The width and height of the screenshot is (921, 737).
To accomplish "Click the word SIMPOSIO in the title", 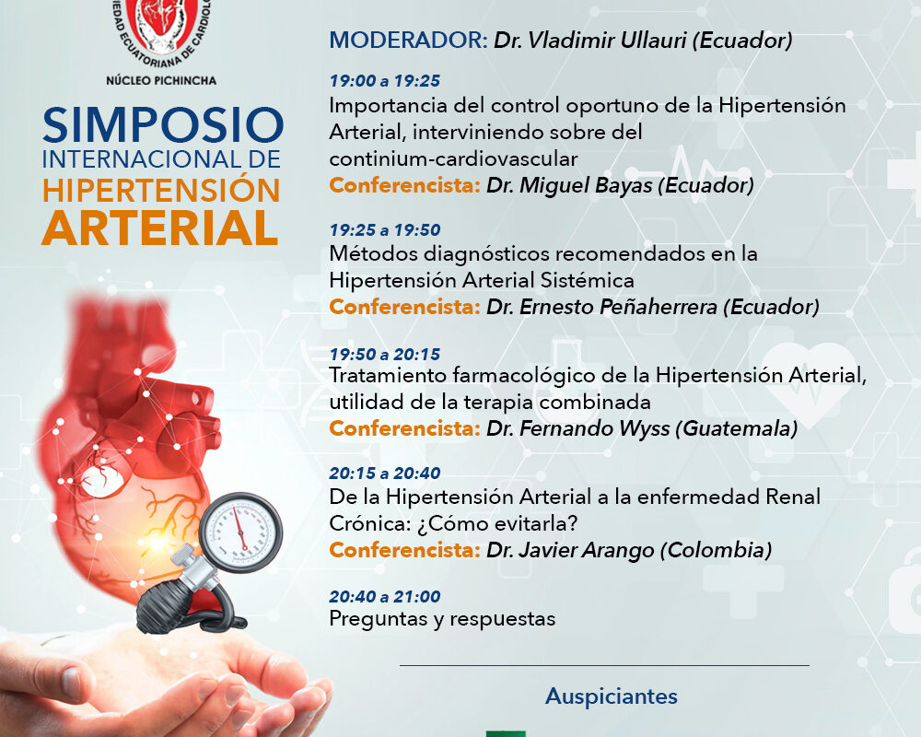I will [x=163, y=125].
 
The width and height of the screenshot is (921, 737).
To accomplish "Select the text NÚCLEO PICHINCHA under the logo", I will [x=161, y=80].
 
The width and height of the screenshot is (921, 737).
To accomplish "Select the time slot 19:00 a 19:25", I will [x=385, y=80].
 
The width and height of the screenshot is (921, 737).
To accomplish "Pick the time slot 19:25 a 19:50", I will [x=385, y=230].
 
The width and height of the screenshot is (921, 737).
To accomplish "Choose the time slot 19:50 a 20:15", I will [x=385, y=354].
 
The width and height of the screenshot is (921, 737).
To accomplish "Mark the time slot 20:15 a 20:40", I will [x=385, y=474].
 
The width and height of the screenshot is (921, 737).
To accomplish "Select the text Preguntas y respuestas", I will [x=442, y=619].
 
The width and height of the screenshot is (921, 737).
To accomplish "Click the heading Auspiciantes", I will [x=612, y=696].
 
